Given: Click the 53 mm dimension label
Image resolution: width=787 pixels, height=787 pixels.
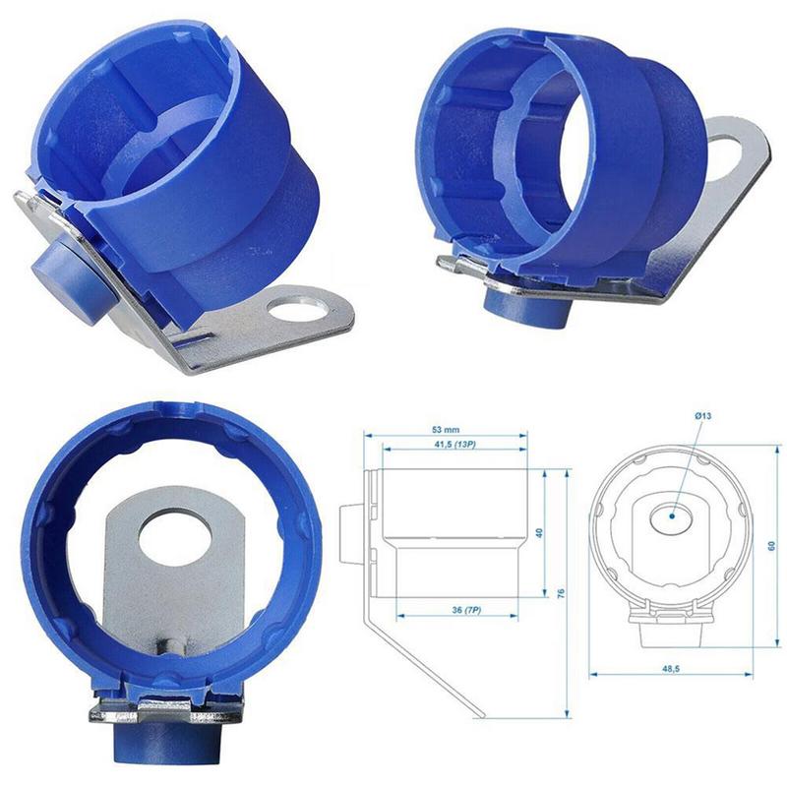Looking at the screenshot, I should click(446, 431).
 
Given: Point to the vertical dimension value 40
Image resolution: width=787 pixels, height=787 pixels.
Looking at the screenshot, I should click(537, 532).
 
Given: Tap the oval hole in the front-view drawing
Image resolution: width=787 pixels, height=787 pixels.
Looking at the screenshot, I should click(672, 515).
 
